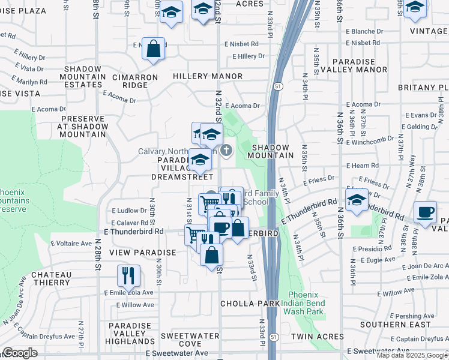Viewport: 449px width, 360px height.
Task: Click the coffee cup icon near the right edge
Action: click(425, 213)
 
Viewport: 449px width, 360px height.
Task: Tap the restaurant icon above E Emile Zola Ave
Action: click(128, 277)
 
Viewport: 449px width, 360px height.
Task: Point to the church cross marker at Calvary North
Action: click(226, 150)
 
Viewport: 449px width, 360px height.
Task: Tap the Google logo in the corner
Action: click(19, 353)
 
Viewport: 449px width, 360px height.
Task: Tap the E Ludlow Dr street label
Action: click(129, 211)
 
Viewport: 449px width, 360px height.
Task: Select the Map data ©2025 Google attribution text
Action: click(412, 355)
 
